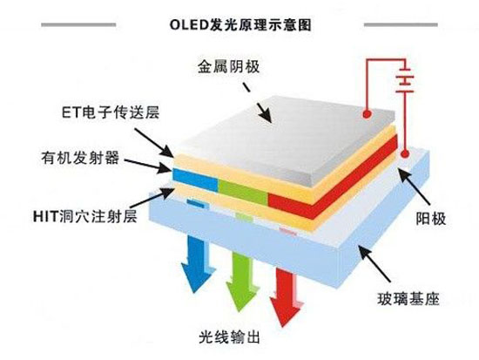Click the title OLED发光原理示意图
click(x=240, y=24)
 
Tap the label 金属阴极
click(x=228, y=66)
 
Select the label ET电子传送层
click(x=111, y=112)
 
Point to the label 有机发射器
click(x=80, y=158)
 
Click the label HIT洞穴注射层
click(x=85, y=216)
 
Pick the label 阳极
click(x=431, y=219)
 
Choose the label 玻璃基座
click(x=408, y=298)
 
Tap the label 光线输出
click(x=229, y=337)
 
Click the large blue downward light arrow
click(x=197, y=263)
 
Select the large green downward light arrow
click(x=242, y=280)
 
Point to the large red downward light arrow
click(x=286, y=296)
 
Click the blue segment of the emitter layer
click(x=195, y=180)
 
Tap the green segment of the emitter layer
click(x=243, y=192)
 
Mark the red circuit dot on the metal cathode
click(x=367, y=114)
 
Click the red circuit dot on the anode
click(x=405, y=153)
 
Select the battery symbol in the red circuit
click(x=405, y=80)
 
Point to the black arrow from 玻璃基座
click(x=374, y=263)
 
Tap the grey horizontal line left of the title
click(x=78, y=24)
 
